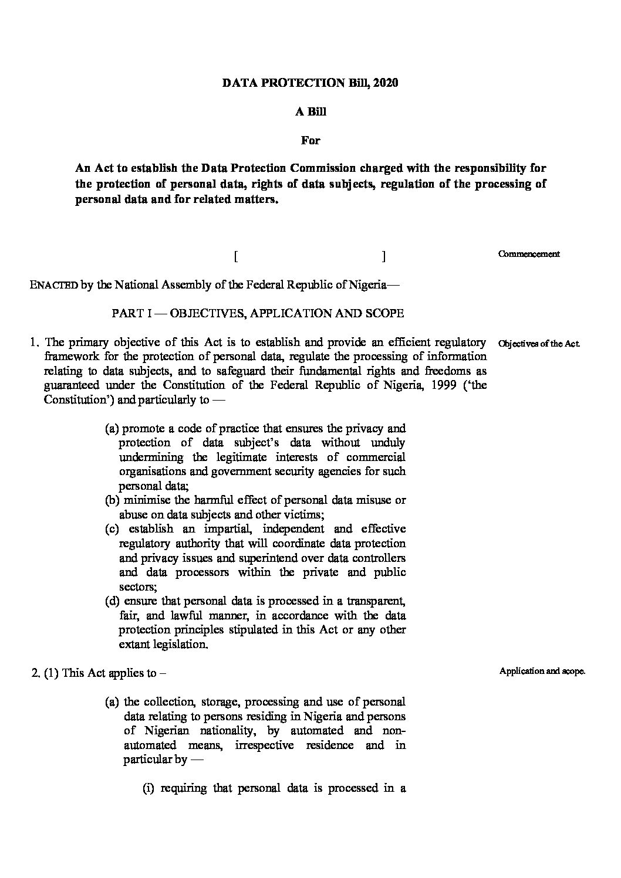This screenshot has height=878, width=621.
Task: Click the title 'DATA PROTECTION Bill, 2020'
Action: pyautogui.click(x=310, y=83)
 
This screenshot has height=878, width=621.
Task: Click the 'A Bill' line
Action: pyautogui.click(x=310, y=112)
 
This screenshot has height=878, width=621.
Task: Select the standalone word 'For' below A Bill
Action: pyautogui.click(x=310, y=140)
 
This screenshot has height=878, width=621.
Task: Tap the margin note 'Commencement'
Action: pyautogui.click(x=528, y=254)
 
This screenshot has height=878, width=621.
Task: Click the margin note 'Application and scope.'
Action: pyautogui.click(x=542, y=672)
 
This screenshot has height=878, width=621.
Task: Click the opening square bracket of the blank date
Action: pyautogui.click(x=235, y=256)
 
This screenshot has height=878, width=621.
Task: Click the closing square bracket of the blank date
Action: pyautogui.click(x=383, y=256)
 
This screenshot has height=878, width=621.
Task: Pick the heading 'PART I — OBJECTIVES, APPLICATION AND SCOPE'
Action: pyautogui.click(x=258, y=313)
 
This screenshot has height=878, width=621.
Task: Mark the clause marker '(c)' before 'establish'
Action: pyautogui.click(x=112, y=529)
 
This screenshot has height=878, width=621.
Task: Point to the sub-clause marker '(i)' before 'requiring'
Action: pyautogui.click(x=149, y=788)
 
